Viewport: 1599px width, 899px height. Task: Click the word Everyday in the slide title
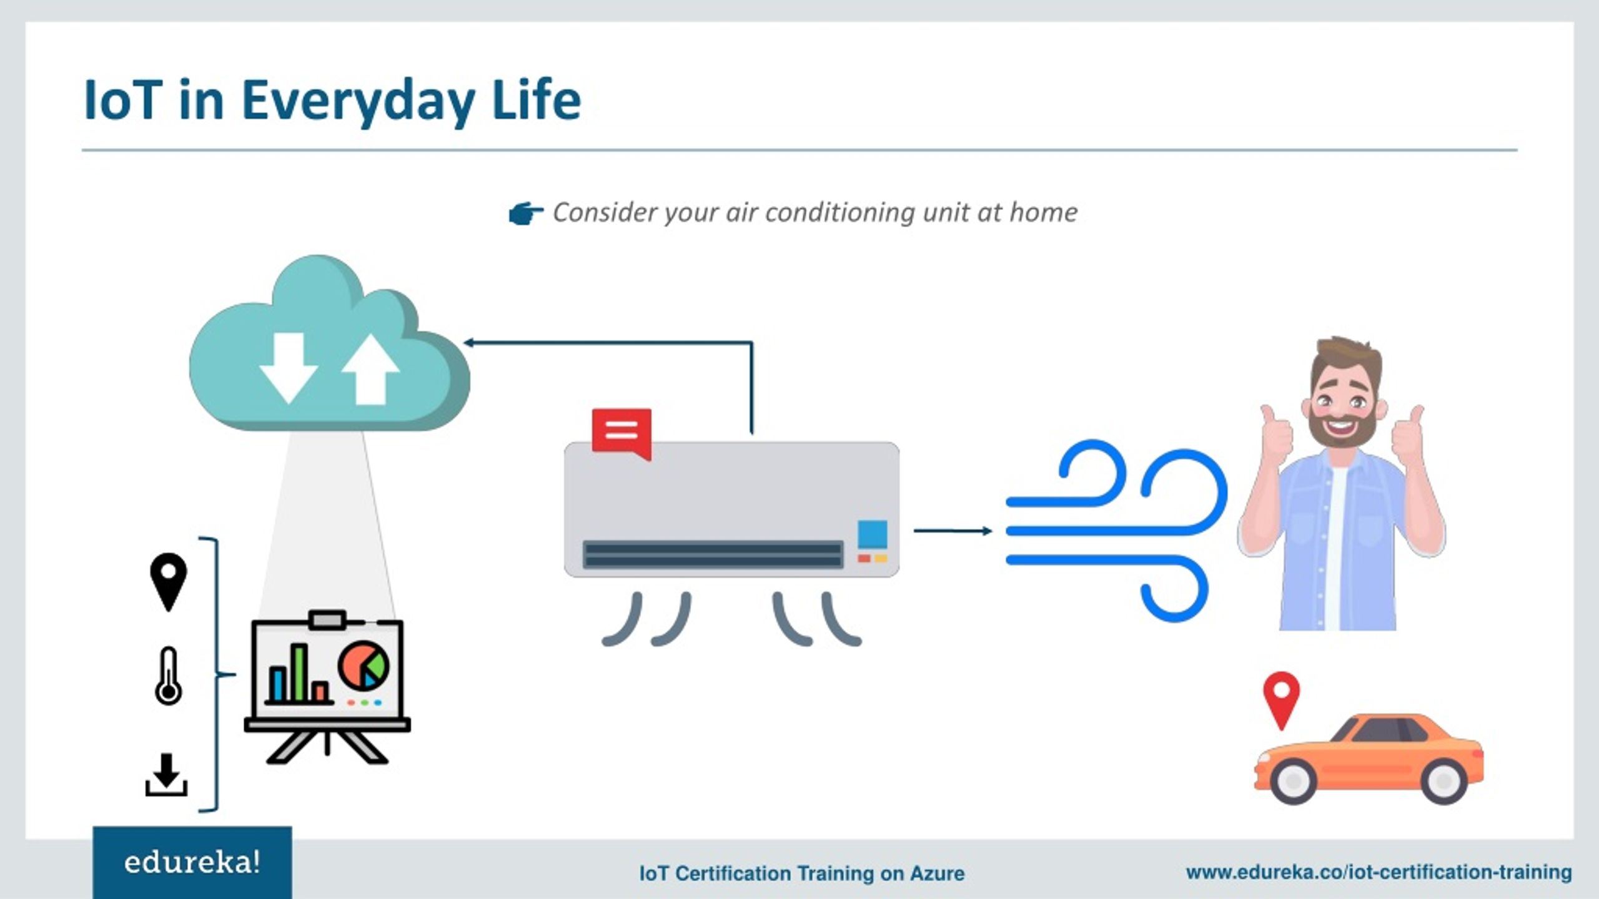coord(359,101)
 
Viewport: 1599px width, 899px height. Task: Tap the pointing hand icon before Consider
coord(526,214)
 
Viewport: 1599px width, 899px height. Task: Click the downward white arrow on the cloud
coord(287,368)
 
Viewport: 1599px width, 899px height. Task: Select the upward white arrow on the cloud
coord(370,370)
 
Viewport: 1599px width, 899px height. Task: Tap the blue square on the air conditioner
coord(872,534)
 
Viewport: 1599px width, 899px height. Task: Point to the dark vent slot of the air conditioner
coord(713,554)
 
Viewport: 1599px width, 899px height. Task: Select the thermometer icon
coord(169,676)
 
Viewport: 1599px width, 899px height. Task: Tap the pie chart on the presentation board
coord(364,665)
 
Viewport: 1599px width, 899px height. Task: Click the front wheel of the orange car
coord(1293,780)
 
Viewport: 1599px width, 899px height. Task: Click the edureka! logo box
coord(192,863)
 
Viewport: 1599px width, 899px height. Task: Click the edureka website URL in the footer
coord(1379,872)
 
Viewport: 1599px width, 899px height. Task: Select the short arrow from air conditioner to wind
coord(953,531)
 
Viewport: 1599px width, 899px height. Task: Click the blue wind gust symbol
coord(1116,531)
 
